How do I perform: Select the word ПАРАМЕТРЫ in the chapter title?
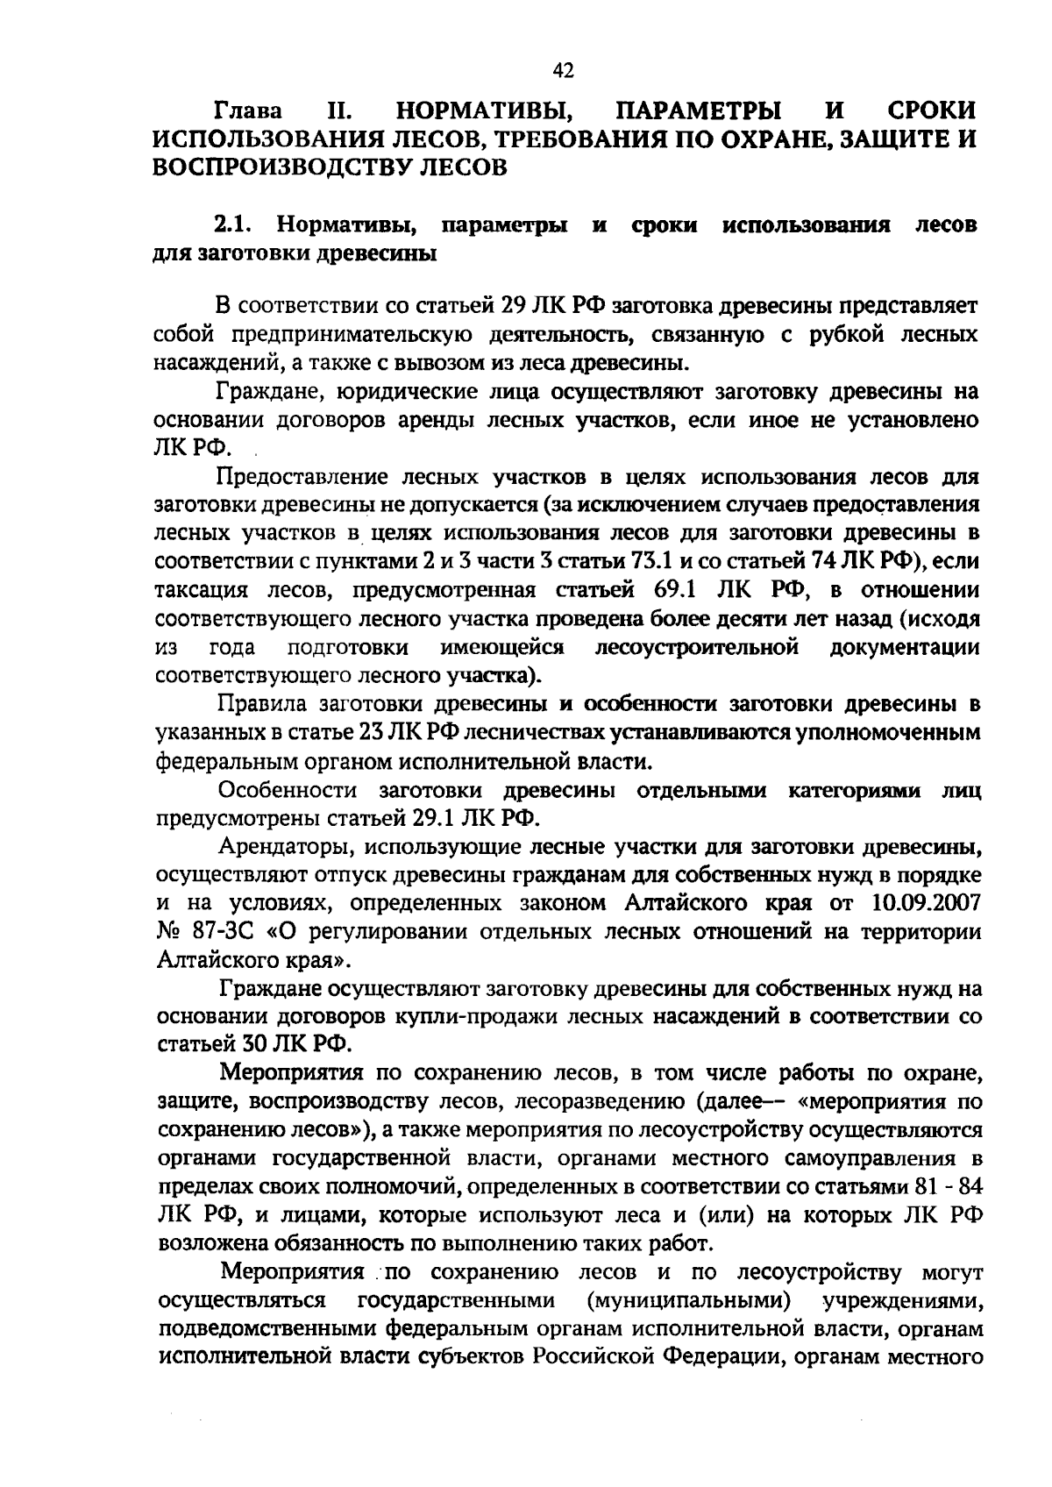[700, 112]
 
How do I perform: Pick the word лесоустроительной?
[697, 648]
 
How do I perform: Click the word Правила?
[260, 705]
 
